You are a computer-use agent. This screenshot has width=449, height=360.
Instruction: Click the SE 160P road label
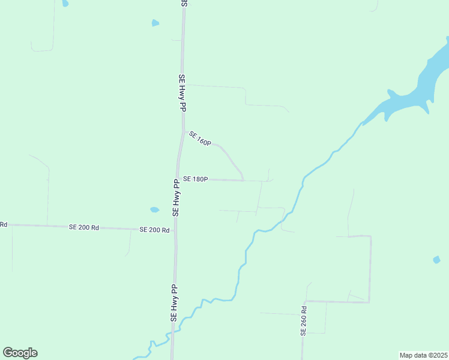pyautogui.click(x=200, y=139)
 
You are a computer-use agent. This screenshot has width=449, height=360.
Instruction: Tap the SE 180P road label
pyautogui.click(x=195, y=179)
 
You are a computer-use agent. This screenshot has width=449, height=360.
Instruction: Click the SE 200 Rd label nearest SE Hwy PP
pyautogui.click(x=154, y=230)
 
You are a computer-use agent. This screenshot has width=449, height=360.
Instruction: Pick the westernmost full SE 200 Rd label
pyautogui.click(x=83, y=227)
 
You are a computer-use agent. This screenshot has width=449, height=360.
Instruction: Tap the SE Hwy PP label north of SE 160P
pyautogui.click(x=182, y=92)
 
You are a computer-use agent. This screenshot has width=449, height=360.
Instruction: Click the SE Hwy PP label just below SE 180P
pyautogui.click(x=176, y=197)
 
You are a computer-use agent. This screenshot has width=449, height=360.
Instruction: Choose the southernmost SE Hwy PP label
pyautogui.click(x=174, y=304)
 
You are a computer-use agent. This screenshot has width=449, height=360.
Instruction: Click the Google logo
pyautogui.click(x=20, y=353)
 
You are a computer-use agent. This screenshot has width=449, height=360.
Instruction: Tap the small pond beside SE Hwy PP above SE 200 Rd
pyautogui.click(x=154, y=210)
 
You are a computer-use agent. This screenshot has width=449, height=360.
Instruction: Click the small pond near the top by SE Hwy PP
pyautogui.click(x=155, y=23)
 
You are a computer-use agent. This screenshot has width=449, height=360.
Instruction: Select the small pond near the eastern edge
pyautogui.click(x=436, y=260)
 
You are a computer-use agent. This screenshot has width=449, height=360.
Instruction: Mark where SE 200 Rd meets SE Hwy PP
pyautogui.click(x=175, y=230)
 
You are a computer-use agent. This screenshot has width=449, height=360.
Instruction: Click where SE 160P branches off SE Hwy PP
pyautogui.click(x=183, y=131)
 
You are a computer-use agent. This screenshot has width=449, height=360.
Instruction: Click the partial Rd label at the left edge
pyautogui.click(x=3, y=224)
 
